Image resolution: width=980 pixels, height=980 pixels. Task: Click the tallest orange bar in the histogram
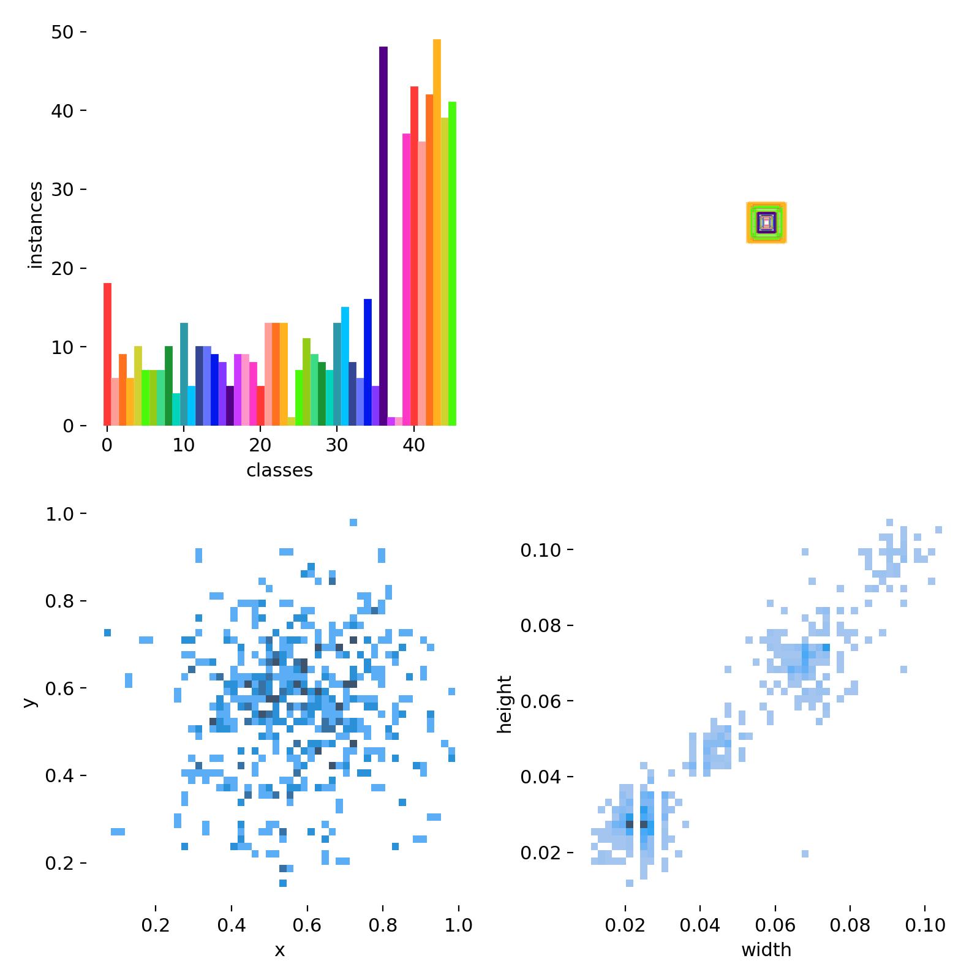click(x=437, y=233)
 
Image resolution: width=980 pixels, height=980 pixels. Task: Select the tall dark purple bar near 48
click(x=383, y=236)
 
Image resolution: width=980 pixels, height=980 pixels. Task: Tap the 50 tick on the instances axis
click(x=62, y=32)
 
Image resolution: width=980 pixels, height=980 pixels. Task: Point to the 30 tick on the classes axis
click(x=337, y=445)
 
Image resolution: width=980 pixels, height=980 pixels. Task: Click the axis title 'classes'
click(x=279, y=470)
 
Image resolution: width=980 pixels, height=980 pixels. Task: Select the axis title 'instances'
click(x=36, y=225)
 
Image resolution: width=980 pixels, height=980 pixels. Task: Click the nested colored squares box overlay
click(x=766, y=222)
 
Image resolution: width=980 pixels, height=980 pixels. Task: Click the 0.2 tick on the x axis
click(x=156, y=925)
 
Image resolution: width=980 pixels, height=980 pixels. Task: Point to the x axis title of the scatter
click(x=279, y=950)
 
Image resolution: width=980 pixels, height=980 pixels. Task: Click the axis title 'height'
click(x=505, y=704)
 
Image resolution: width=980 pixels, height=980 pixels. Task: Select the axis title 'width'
click(x=766, y=950)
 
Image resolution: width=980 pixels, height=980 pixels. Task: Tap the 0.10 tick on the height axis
click(x=540, y=551)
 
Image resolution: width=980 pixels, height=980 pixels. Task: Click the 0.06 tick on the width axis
click(x=775, y=925)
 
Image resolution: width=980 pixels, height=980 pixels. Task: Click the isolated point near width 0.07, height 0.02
click(x=805, y=853)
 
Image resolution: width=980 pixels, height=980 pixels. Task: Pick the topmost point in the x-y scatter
click(x=353, y=522)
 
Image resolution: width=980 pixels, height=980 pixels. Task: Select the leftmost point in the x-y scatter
click(x=107, y=632)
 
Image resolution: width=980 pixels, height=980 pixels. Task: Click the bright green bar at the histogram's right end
click(x=452, y=263)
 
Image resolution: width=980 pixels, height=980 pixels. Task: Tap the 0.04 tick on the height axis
click(x=540, y=777)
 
